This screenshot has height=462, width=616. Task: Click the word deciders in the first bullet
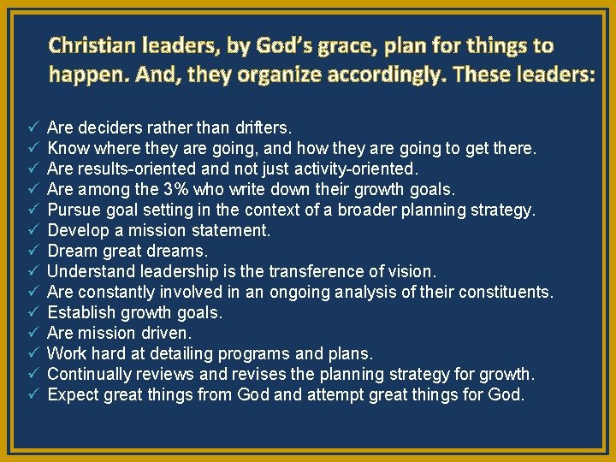click(x=105, y=127)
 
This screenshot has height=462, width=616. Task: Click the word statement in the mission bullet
click(x=232, y=230)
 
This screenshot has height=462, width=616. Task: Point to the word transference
click(x=319, y=271)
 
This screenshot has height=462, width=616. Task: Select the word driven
click(x=168, y=333)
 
